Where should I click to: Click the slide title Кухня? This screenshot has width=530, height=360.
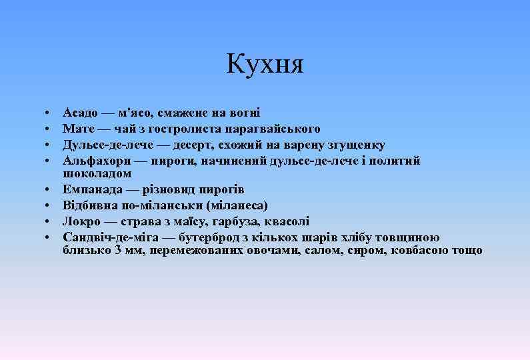click(265, 65)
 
